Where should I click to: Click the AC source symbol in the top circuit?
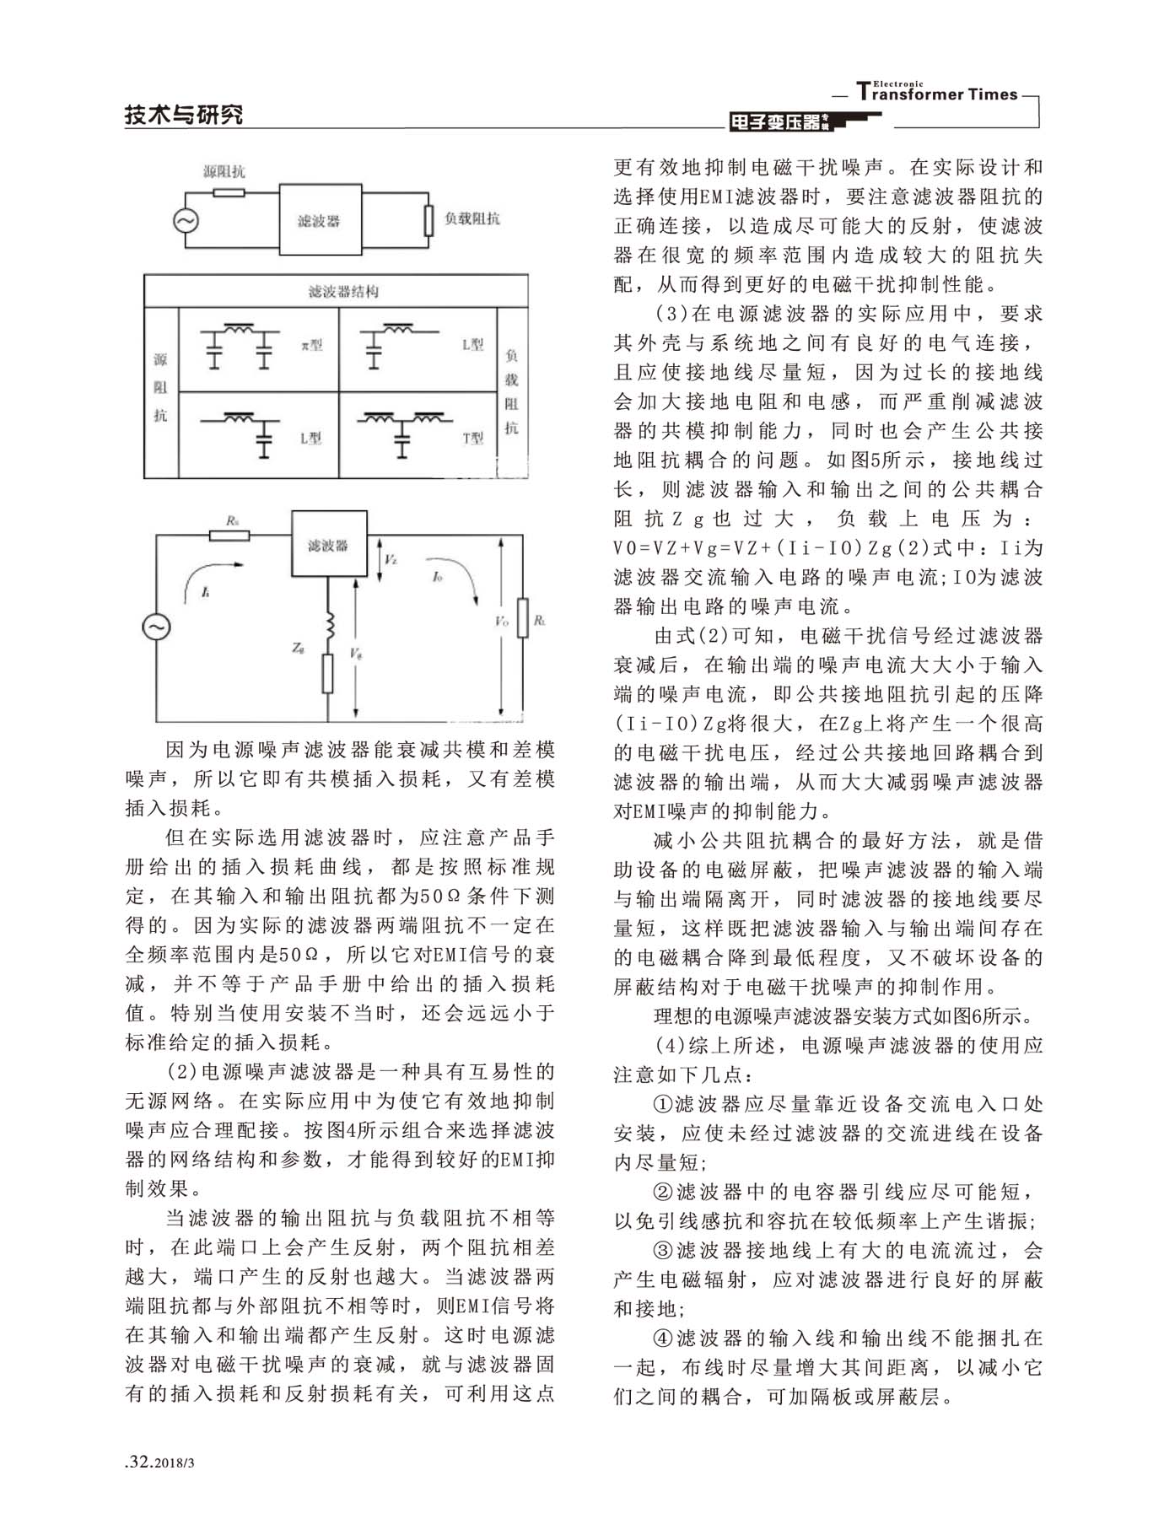[185, 221]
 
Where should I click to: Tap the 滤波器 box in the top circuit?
[319, 219]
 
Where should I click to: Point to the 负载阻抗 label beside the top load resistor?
[472, 218]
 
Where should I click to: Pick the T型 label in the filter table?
[472, 438]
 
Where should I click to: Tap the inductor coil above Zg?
[329, 625]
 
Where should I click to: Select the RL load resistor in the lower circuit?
[522, 617]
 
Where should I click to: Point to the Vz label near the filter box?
[390, 559]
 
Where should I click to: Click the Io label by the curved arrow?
[437, 576]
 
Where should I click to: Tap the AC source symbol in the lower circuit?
[157, 627]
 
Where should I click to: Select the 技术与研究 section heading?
[184, 114]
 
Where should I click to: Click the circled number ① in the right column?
[665, 1104]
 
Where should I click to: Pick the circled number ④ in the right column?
[665, 1338]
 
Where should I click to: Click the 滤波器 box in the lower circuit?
[329, 544]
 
